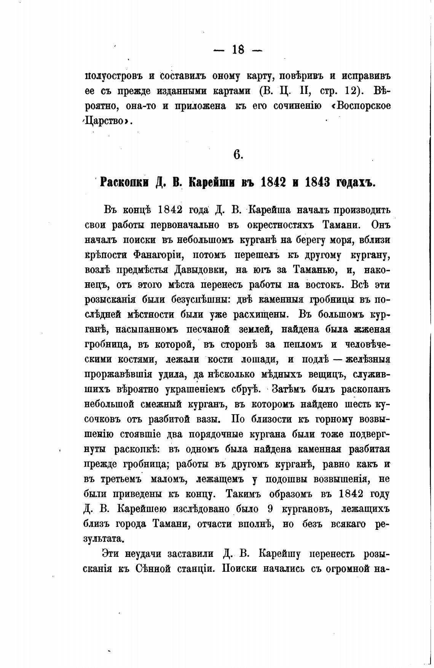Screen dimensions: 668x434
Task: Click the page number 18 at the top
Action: pos(238,49)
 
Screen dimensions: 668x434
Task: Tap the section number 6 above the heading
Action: pos(238,154)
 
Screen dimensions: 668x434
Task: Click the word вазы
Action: pos(207,419)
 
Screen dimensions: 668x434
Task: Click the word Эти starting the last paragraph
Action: pos(112,554)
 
